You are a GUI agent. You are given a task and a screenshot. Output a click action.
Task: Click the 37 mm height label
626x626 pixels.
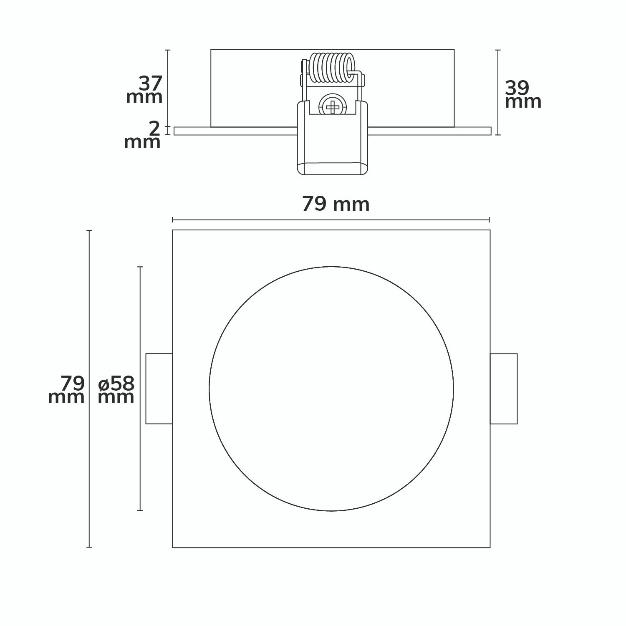(144, 90)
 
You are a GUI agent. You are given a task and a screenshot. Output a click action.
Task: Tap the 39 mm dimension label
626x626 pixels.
(523, 95)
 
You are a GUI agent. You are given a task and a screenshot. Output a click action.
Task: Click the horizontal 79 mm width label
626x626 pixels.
(336, 204)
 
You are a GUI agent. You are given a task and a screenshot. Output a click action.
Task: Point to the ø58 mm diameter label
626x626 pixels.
(116, 390)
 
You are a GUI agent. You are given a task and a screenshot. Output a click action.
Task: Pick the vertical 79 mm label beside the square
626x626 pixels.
(67, 390)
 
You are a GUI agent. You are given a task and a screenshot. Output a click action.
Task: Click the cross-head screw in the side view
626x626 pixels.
(333, 106)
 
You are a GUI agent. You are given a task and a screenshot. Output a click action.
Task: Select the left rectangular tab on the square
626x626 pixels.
(159, 389)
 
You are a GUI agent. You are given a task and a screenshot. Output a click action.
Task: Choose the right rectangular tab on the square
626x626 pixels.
(504, 389)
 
